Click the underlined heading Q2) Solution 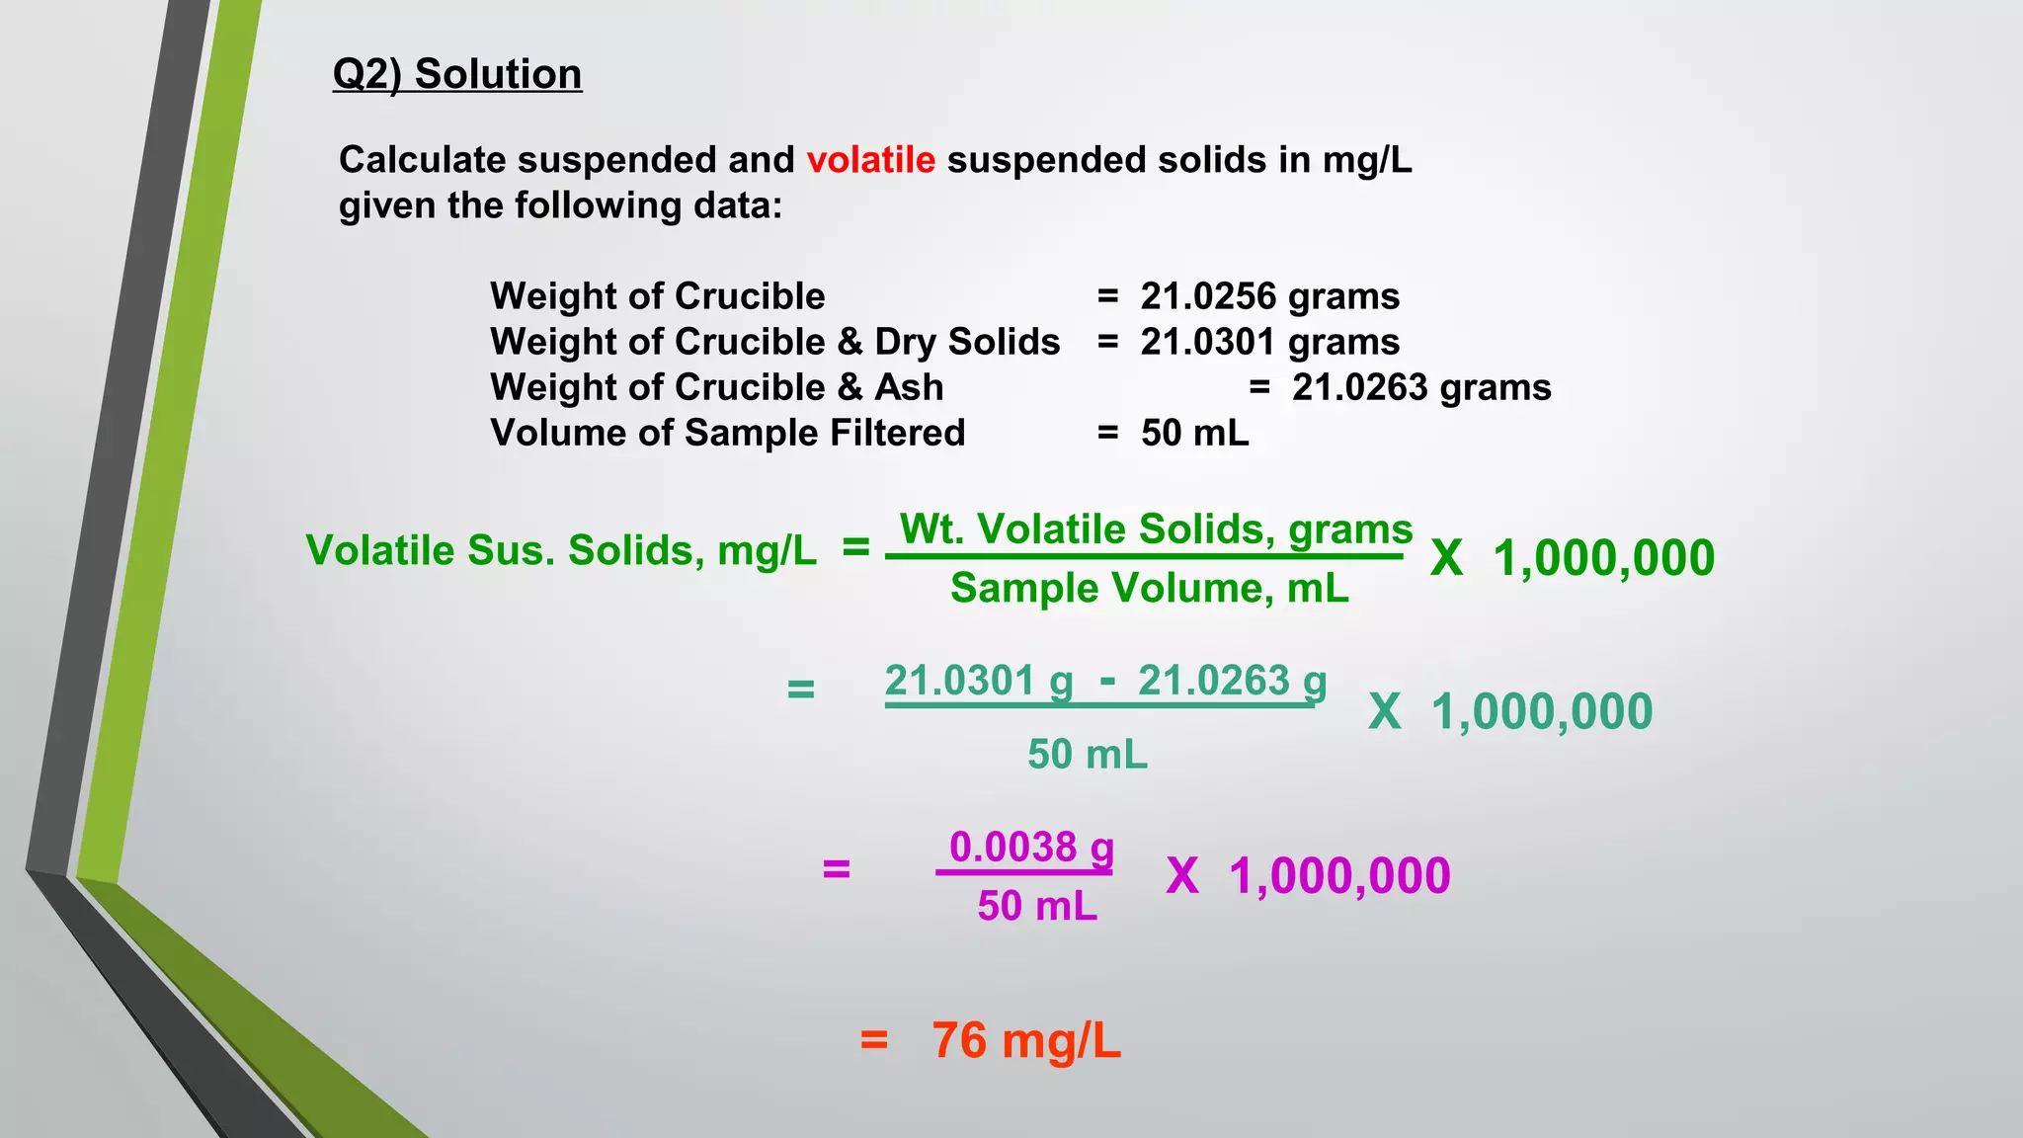pyautogui.click(x=457, y=74)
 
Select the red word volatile pyautogui.click(x=870, y=160)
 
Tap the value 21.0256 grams pyautogui.click(x=1269, y=296)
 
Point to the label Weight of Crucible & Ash pyautogui.click(x=716, y=387)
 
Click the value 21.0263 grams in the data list pyautogui.click(x=1421, y=387)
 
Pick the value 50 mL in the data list pyautogui.click(x=1194, y=433)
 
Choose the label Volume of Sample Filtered pyautogui.click(x=727, y=433)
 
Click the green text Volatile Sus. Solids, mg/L pyautogui.click(x=561, y=550)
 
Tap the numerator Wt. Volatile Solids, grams pyautogui.click(x=1156, y=529)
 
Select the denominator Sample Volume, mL pyautogui.click(x=1149, y=588)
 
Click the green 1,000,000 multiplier pyautogui.click(x=1603, y=558)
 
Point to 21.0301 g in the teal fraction pyautogui.click(x=978, y=681)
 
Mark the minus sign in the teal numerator pyautogui.click(x=1107, y=681)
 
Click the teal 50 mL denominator pyautogui.click(x=1087, y=755)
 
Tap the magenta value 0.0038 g pyautogui.click(x=1030, y=848)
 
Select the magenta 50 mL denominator pyautogui.click(x=1037, y=906)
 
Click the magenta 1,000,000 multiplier pyautogui.click(x=1339, y=876)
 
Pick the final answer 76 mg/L pyautogui.click(x=1025, y=1041)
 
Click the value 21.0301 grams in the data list pyautogui.click(x=1269, y=342)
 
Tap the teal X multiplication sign pyautogui.click(x=1384, y=712)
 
